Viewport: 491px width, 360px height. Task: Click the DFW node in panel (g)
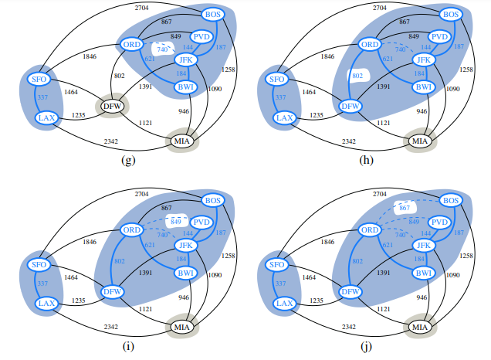[x=113, y=105]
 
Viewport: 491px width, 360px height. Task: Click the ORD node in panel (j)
[x=370, y=230]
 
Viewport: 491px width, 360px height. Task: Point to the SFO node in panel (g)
[x=39, y=78]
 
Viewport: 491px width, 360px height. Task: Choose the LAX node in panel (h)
[x=285, y=117]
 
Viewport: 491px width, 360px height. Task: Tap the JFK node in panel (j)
[x=422, y=246]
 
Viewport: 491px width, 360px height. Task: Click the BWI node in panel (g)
[x=185, y=87]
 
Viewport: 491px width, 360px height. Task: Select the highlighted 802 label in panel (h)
[x=355, y=76]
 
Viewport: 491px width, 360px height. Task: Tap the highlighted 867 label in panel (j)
[x=404, y=208]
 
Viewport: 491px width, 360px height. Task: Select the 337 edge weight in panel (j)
[x=280, y=284]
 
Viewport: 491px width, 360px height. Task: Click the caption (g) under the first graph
[x=129, y=160]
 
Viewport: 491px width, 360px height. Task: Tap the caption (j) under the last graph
[x=366, y=345]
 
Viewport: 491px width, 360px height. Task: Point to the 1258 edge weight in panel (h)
[x=466, y=70]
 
